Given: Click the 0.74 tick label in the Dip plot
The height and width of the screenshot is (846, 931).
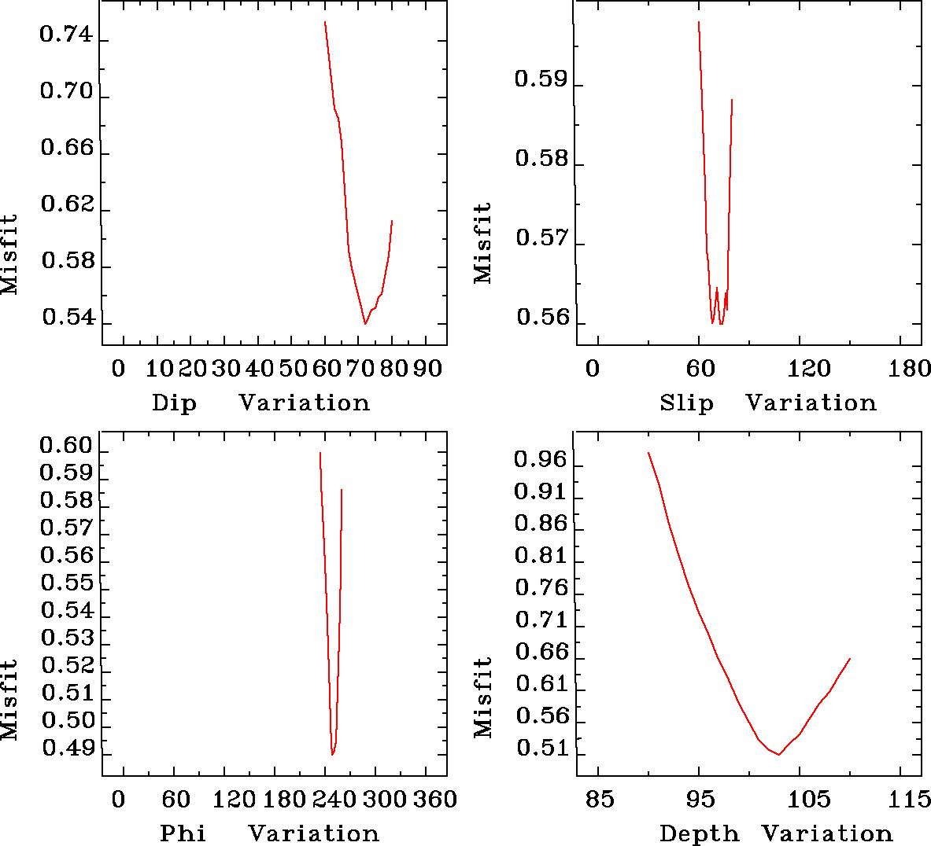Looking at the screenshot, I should click(66, 37).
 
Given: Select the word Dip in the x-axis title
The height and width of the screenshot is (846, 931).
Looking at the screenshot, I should click(174, 403).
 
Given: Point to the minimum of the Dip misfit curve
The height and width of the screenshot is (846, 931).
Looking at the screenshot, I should click(365, 324).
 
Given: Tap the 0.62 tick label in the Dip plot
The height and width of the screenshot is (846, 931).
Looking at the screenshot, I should click(66, 207).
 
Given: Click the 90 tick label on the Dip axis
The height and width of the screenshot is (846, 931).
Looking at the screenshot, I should click(428, 369).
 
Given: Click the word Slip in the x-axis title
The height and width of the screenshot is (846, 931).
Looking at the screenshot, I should click(686, 403).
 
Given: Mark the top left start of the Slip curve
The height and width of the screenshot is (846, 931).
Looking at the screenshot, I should click(699, 22).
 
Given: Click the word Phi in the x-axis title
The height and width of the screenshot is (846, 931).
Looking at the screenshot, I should click(183, 833).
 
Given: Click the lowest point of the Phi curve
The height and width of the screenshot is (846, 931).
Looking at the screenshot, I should click(333, 755).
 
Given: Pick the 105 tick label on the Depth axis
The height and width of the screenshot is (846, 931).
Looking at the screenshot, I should click(810, 800).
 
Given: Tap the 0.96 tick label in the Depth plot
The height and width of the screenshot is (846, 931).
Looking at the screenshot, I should click(540, 459).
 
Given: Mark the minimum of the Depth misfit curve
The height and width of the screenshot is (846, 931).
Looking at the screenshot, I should click(779, 755).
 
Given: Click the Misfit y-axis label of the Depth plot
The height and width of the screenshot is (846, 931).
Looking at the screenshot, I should click(483, 698).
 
